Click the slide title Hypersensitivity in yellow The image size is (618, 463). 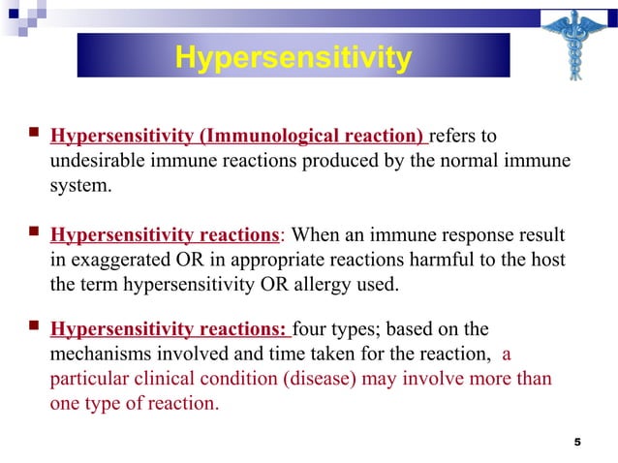coord(294,58)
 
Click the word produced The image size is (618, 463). coord(391,159)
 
